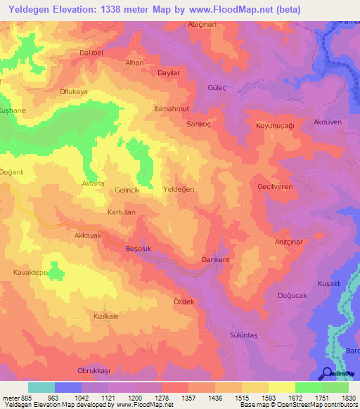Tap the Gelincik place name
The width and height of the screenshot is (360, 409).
[x=127, y=190]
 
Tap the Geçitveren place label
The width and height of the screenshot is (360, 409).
[x=274, y=186]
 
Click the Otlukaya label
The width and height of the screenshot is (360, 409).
[x=73, y=91]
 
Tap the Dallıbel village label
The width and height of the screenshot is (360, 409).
[x=92, y=52]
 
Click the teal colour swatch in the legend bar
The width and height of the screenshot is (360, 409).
[x=41, y=387]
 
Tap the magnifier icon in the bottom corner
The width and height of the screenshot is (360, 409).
[x=326, y=372]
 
